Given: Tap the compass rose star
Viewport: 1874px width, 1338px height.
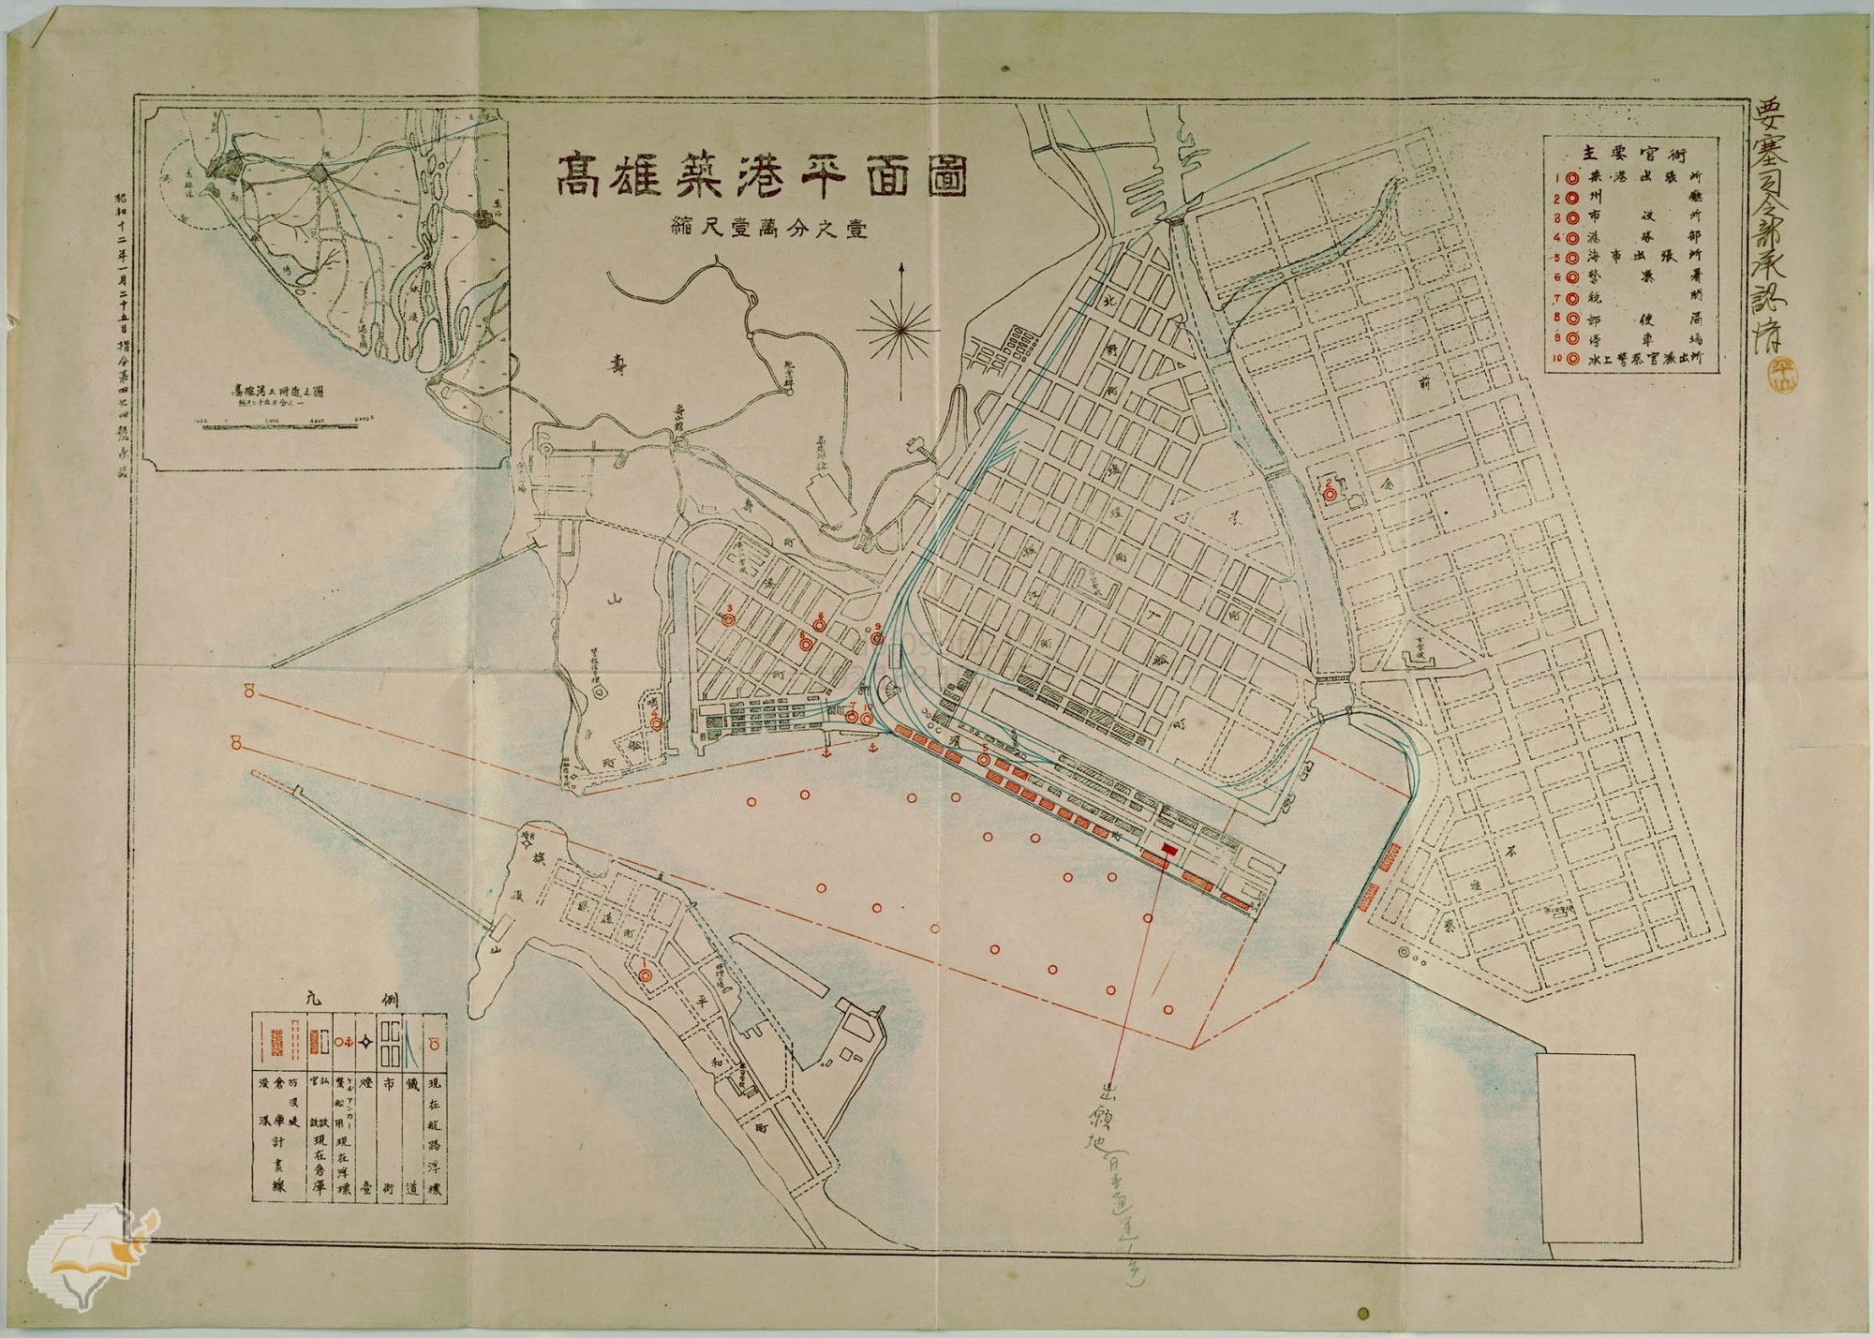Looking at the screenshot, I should coord(900,326).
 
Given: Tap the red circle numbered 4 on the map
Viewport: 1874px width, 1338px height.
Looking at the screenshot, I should coord(657,723).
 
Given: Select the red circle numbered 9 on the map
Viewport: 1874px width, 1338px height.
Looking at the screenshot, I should coord(877,638).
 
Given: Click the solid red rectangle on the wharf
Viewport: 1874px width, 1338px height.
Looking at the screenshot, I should coord(1168,847).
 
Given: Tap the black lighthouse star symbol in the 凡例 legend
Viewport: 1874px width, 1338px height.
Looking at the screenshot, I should coord(367,1042).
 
